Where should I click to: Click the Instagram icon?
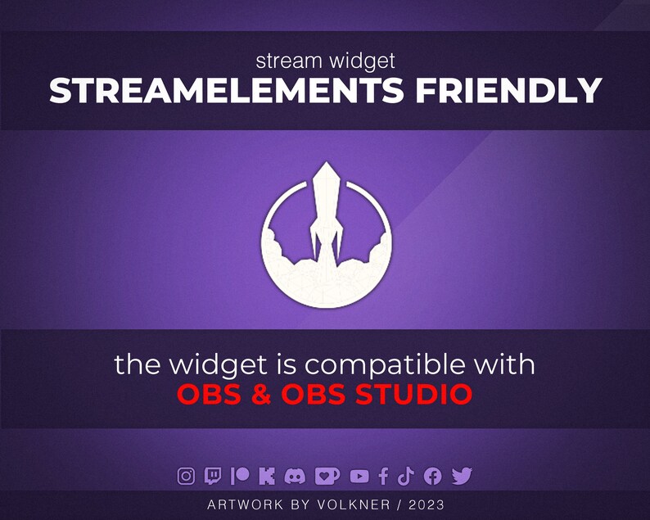(x=187, y=475)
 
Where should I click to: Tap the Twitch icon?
(x=213, y=475)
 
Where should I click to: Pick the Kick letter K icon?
(x=266, y=475)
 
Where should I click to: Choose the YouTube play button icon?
(x=359, y=475)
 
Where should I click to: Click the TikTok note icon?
(x=407, y=475)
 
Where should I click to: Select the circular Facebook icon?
(x=433, y=475)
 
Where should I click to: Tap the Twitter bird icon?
(x=462, y=475)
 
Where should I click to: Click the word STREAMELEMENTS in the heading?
(x=227, y=92)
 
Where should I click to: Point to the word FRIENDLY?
(x=508, y=92)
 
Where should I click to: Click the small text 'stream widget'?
(x=325, y=61)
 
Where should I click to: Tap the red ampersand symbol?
(x=261, y=395)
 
